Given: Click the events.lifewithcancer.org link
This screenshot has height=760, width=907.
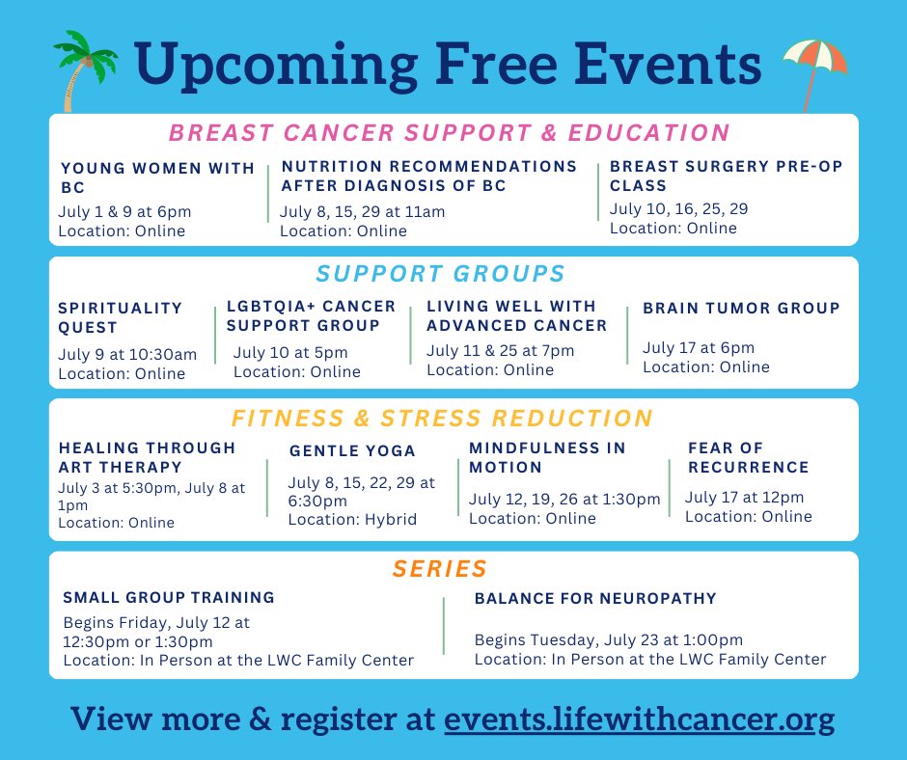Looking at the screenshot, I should tap(639, 719).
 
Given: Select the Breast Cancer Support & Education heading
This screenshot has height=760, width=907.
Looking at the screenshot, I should tap(449, 132).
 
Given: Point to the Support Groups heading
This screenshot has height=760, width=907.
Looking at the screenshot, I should tap(440, 273).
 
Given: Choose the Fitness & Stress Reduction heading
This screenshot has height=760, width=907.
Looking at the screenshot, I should tap(442, 418).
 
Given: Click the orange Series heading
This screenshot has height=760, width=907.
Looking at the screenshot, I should tap(439, 569).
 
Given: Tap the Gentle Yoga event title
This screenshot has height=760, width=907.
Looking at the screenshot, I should tap(352, 450).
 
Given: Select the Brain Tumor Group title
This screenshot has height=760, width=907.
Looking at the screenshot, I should tap(741, 308).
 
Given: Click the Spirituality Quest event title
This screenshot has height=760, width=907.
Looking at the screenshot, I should tap(120, 317).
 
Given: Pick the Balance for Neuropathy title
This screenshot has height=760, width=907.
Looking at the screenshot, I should tap(595, 598).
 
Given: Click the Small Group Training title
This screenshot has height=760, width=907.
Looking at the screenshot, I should tap(169, 597).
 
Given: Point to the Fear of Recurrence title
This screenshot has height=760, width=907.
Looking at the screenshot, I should tap(748, 457).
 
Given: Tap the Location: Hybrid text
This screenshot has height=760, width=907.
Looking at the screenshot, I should tap(352, 519).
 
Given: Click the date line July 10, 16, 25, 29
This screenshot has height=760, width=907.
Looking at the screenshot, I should tap(678, 208).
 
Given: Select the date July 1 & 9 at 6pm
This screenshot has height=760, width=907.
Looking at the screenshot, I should tap(124, 211).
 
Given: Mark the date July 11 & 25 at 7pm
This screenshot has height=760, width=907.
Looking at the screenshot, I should tap(500, 350).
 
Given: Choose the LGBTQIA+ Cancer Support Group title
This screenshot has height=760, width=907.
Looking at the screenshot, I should tap(311, 315).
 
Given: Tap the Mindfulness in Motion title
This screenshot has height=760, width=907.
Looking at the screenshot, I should tap(547, 457).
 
